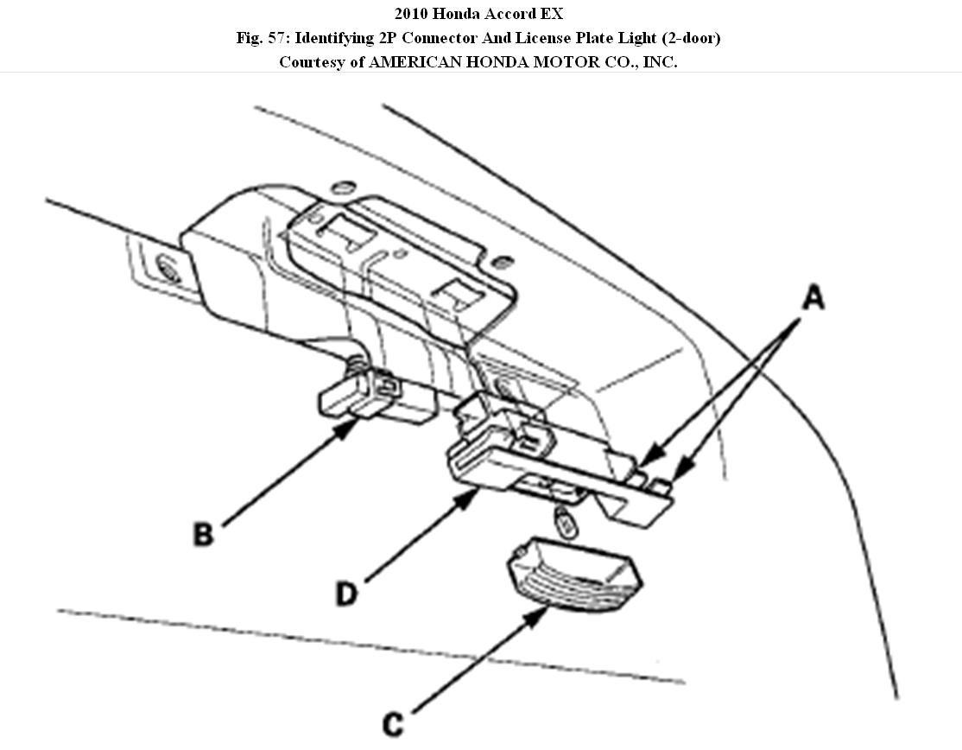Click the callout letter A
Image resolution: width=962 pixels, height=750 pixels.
tap(813, 299)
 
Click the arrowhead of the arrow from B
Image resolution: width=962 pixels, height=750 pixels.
tap(356, 421)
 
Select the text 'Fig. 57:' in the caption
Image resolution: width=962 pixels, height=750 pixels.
tap(262, 39)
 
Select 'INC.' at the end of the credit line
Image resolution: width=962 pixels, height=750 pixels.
tap(660, 63)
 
